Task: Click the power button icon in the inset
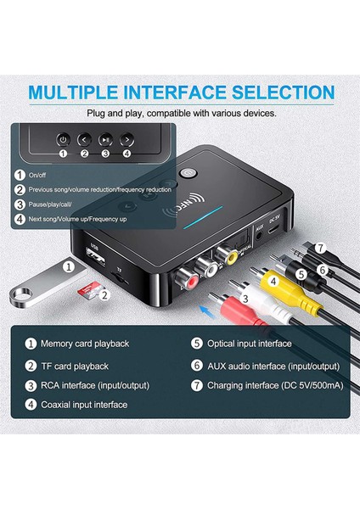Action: [62, 139]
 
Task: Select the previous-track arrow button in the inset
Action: [84, 139]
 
